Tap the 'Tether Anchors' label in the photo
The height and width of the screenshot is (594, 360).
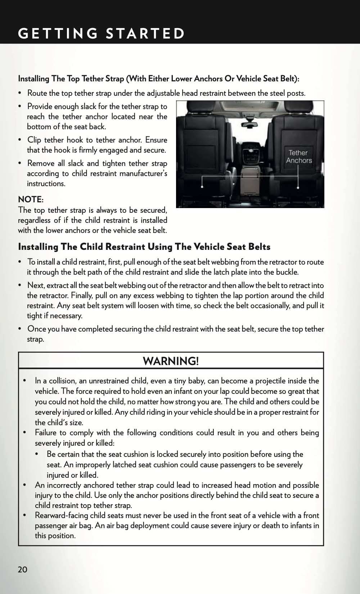click(x=299, y=157)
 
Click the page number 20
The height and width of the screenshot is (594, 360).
click(x=22, y=569)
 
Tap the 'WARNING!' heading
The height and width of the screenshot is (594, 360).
click(x=171, y=361)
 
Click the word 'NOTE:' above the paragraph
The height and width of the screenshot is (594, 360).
click(x=31, y=199)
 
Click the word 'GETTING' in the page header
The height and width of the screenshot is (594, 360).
click(x=58, y=33)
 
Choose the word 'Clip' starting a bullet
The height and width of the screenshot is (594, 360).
click(x=34, y=140)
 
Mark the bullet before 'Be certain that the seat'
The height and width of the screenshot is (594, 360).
click(x=41, y=454)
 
